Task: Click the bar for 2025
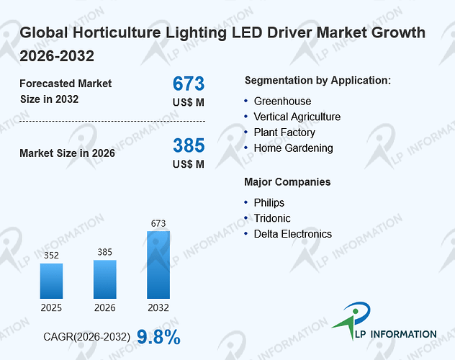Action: [51, 281]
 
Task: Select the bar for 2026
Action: [105, 279]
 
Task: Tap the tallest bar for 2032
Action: [158, 265]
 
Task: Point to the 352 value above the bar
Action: [51, 256]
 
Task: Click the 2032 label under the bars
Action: [158, 307]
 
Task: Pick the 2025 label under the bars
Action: [51, 307]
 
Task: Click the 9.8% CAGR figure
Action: [158, 337]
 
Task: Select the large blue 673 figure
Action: [189, 84]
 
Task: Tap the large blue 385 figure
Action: [189, 145]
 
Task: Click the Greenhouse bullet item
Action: [282, 102]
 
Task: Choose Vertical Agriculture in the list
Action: [297, 117]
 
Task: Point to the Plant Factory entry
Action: [284, 132]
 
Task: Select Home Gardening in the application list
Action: [293, 148]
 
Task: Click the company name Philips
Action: [269, 203]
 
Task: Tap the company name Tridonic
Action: [272, 218]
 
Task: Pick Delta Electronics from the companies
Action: [293, 234]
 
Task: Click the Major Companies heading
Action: [287, 182]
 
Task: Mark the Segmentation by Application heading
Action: [317, 81]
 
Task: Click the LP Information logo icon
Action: [352, 320]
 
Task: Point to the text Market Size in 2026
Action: [68, 153]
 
